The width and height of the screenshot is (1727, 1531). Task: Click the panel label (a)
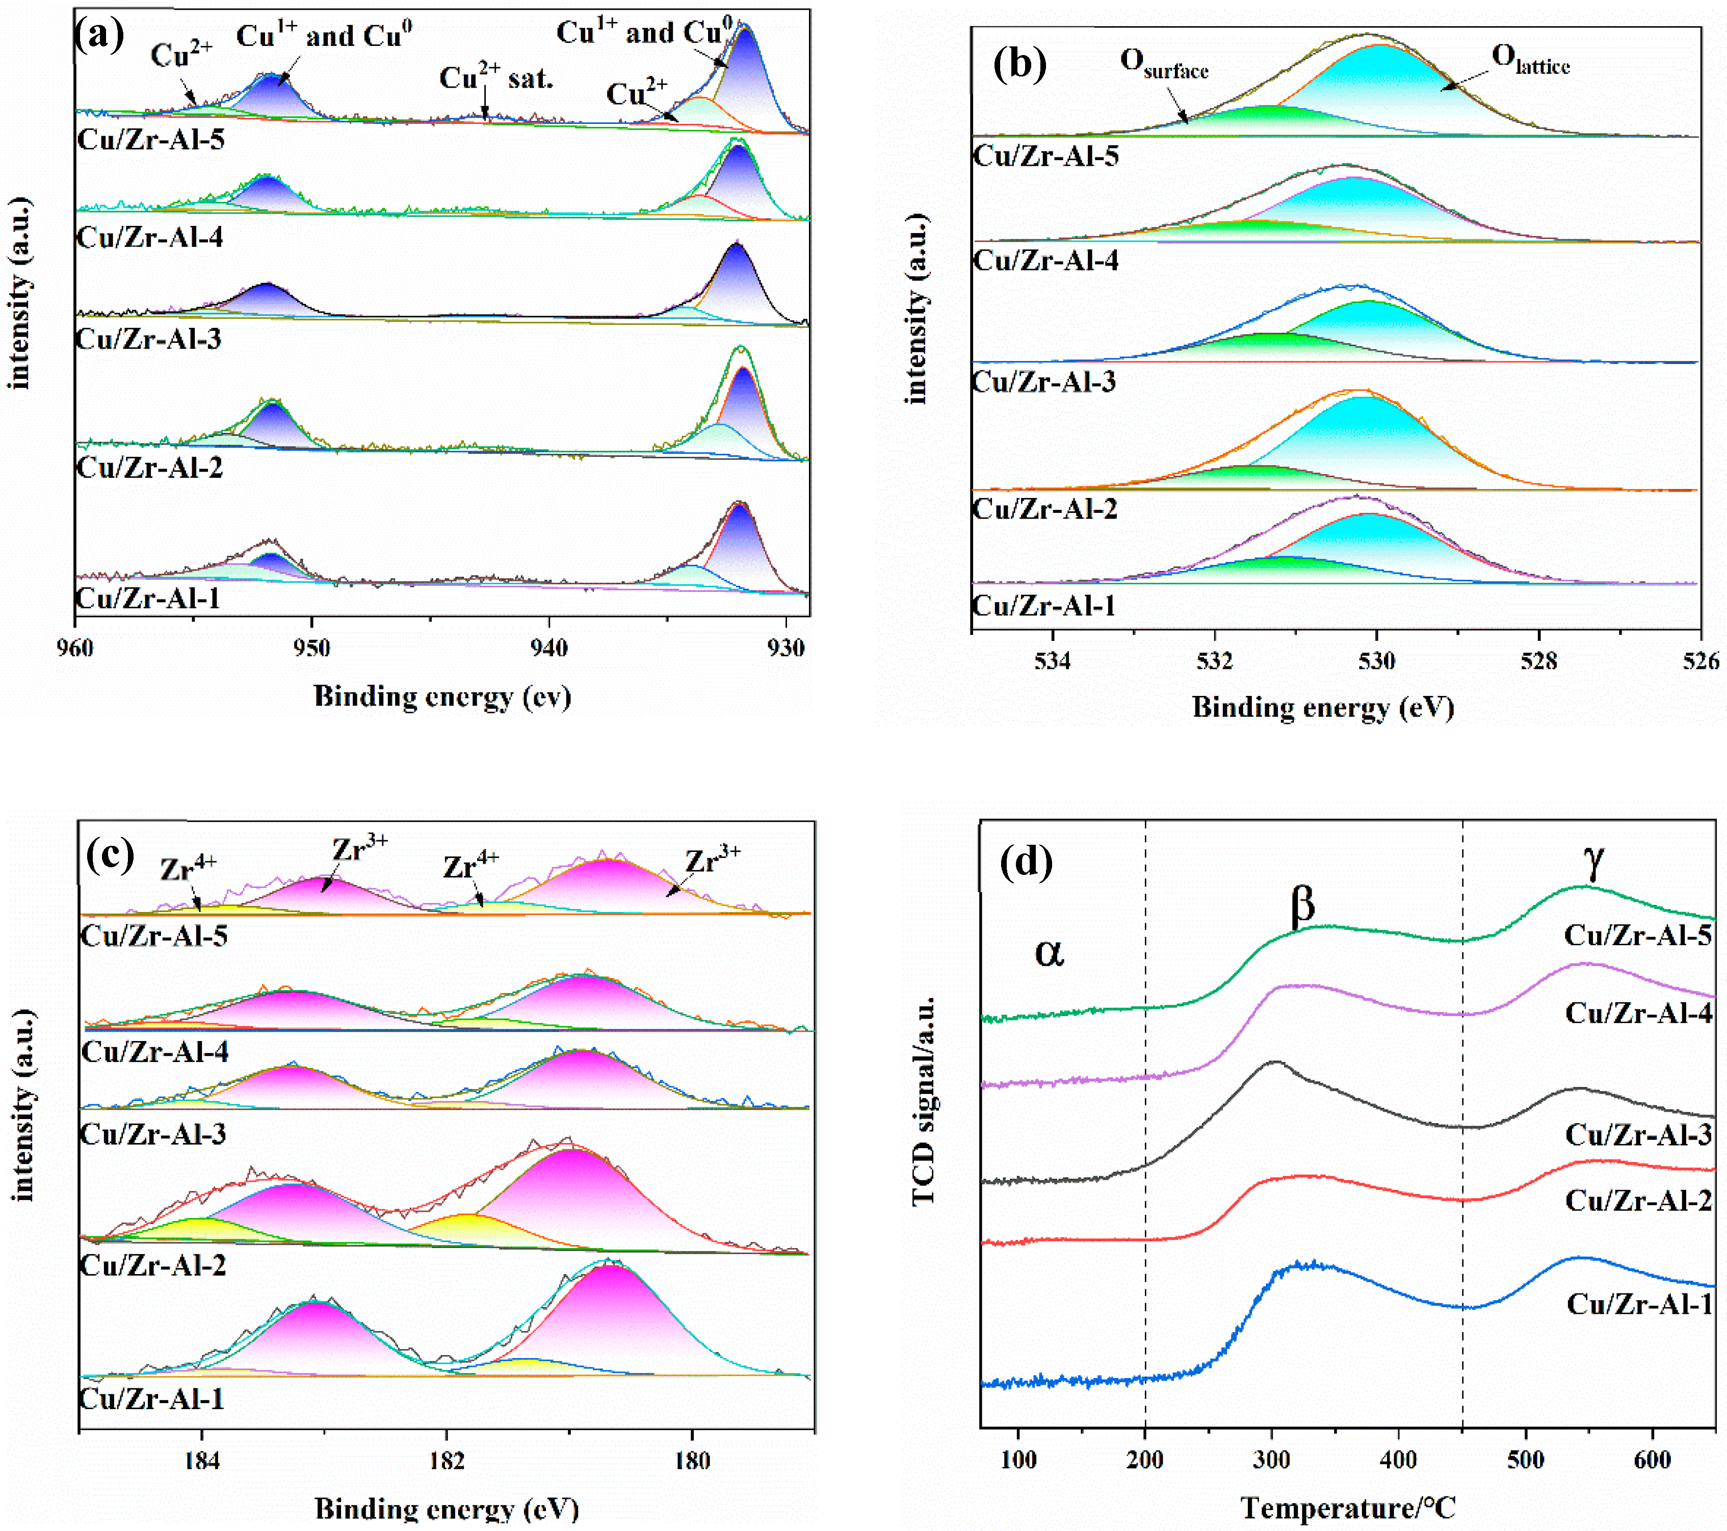(100, 36)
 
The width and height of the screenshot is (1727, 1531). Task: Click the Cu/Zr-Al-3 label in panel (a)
(149, 340)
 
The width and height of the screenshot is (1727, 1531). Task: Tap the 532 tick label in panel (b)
(1214, 661)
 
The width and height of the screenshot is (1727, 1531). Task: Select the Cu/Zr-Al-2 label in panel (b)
(1044, 509)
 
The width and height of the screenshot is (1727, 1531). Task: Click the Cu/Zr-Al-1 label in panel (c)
(152, 1399)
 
